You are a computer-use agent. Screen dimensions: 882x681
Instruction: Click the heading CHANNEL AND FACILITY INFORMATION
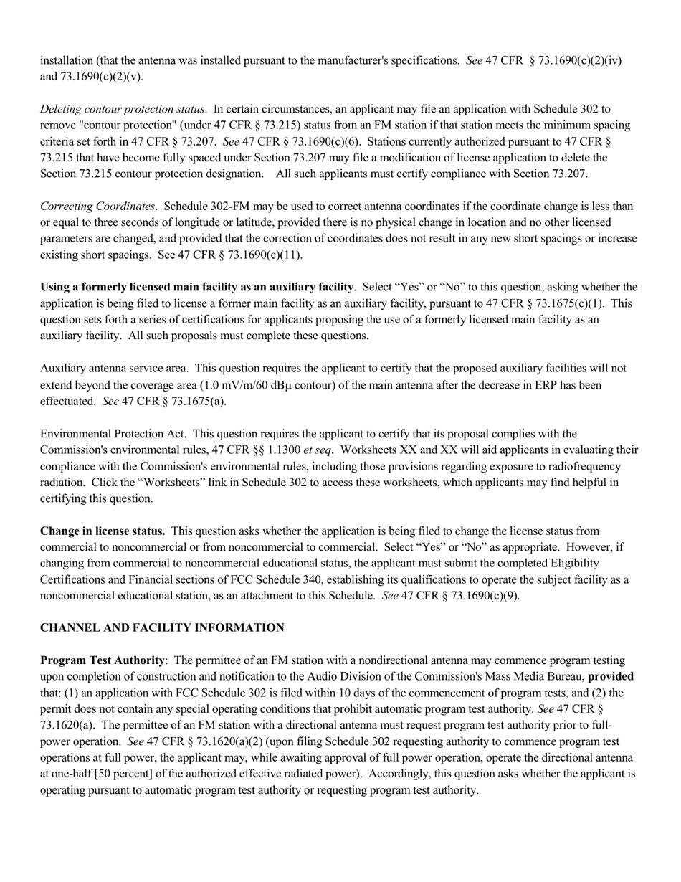click(162, 627)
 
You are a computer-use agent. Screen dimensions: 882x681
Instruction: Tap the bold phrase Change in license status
click(103, 531)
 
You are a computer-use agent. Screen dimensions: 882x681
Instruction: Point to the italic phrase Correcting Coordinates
click(97, 206)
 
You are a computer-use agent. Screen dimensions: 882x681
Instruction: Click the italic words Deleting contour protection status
click(123, 109)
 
